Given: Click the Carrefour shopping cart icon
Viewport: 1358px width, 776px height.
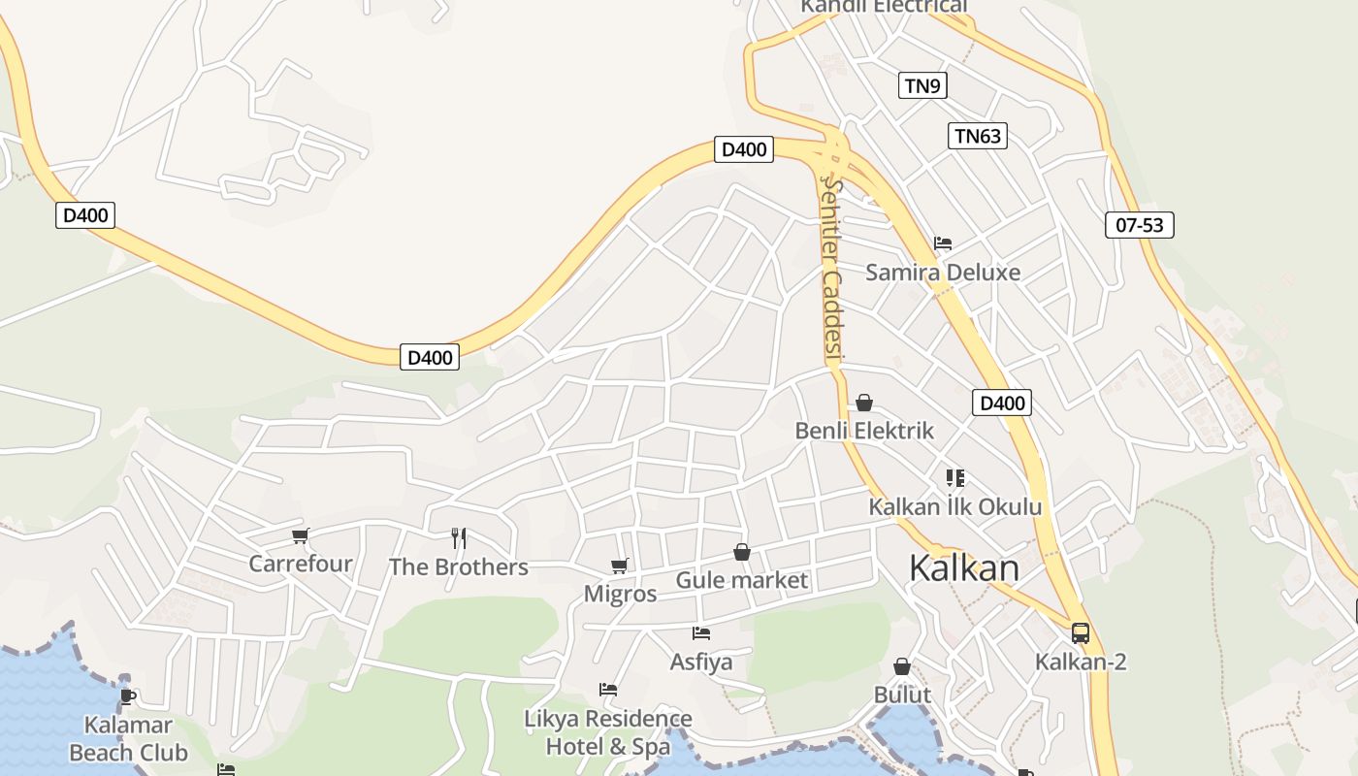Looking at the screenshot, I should pos(300,535).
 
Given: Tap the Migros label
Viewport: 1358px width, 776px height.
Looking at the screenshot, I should pos(620,594).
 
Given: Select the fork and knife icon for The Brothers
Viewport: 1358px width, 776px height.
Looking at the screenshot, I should pos(459,537).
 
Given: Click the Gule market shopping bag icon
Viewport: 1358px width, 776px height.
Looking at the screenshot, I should pos(742,552).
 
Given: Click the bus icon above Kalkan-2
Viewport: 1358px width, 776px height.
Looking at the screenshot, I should pos(1080,633).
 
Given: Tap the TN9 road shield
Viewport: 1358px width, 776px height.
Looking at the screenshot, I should pos(921,85).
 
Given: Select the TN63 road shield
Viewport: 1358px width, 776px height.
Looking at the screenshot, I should pos(977,136).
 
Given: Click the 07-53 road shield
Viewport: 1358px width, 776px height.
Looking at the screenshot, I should pos(1139,225).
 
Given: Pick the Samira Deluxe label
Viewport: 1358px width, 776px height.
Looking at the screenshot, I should pos(942,272).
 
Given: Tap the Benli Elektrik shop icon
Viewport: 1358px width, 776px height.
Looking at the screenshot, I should pos(863,403).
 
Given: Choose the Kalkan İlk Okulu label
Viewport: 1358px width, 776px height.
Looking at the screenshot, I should pos(954,506).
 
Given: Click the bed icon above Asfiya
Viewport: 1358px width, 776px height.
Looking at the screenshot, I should pos(701,633).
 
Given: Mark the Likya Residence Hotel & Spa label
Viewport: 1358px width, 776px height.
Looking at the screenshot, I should pos(608,732).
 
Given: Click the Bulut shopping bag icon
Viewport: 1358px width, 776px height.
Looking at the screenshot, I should pos(902,666).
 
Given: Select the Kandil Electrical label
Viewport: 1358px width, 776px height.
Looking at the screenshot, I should pos(883,7).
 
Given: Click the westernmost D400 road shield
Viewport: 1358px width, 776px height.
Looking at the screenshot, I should pos(85,215).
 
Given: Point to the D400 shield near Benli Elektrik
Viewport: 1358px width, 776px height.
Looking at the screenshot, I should pos(1001,403).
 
